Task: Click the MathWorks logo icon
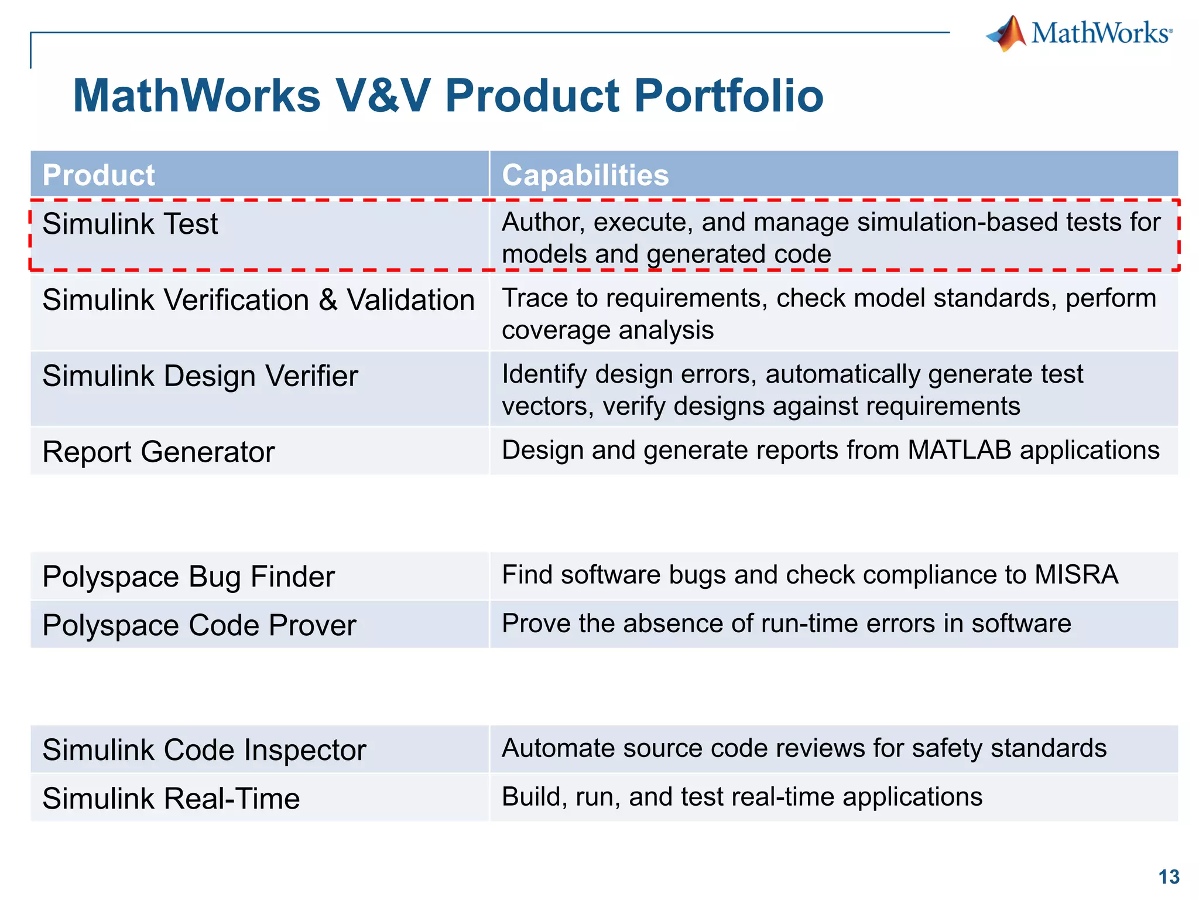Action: pos(1007,34)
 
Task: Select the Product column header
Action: pos(98,175)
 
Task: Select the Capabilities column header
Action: pos(585,175)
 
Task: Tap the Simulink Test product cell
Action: pos(130,224)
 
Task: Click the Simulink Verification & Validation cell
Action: pos(258,301)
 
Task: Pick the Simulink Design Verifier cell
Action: pos(200,376)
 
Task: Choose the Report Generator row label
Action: pos(158,452)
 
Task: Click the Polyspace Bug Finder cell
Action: pos(188,577)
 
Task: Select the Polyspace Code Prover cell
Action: pos(199,626)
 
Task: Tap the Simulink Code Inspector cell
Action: pos(204,751)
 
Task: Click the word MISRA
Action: pos(1076,575)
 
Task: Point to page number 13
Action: pos(1169,877)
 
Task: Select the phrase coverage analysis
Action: pos(607,330)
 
